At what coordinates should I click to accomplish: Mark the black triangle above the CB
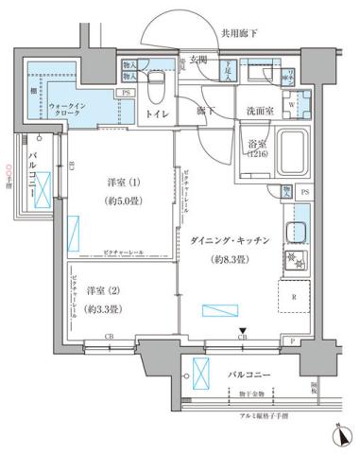(x=243, y=328)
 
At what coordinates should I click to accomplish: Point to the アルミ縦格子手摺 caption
(x=252, y=415)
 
